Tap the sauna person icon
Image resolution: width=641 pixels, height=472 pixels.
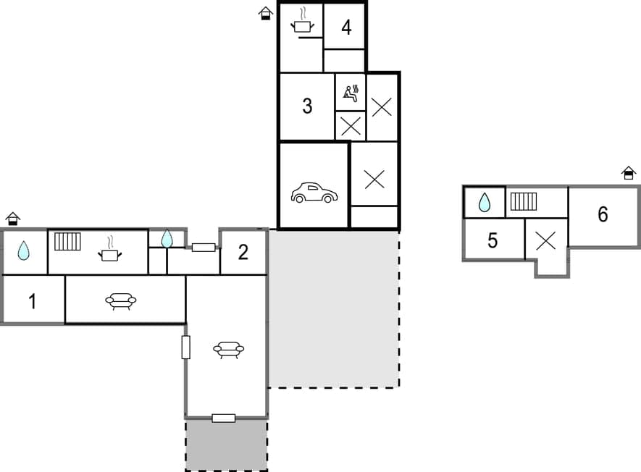(x=351, y=91)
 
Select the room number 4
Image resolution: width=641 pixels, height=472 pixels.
(x=346, y=28)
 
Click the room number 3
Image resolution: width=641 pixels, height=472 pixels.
(x=307, y=106)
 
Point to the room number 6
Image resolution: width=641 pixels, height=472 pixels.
(x=603, y=214)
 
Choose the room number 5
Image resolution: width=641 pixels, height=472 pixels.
(x=493, y=240)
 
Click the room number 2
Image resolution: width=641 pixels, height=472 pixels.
(x=243, y=252)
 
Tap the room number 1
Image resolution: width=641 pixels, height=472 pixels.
(x=32, y=301)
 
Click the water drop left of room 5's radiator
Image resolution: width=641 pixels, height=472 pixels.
(x=484, y=203)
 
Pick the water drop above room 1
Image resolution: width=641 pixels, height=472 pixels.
(x=24, y=250)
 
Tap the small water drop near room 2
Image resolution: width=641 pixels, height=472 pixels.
(x=167, y=238)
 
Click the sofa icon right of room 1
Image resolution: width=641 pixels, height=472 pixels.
(x=121, y=300)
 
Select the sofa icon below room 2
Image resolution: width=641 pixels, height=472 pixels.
(x=229, y=350)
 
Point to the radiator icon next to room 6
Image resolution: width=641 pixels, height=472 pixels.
(x=523, y=201)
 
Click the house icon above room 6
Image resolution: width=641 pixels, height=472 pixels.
(x=629, y=172)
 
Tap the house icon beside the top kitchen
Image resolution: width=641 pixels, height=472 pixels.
(x=266, y=12)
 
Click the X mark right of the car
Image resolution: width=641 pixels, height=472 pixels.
(x=374, y=178)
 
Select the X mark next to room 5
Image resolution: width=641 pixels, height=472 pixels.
(x=545, y=240)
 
